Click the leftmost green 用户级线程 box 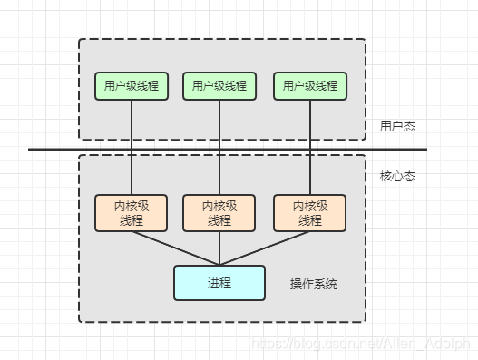132,86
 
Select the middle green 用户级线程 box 219,86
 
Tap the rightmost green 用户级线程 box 310,86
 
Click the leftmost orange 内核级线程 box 132,213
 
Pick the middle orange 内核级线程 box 219,213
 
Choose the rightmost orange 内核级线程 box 310,213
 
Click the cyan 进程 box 219,283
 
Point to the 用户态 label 397,127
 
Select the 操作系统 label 314,284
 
